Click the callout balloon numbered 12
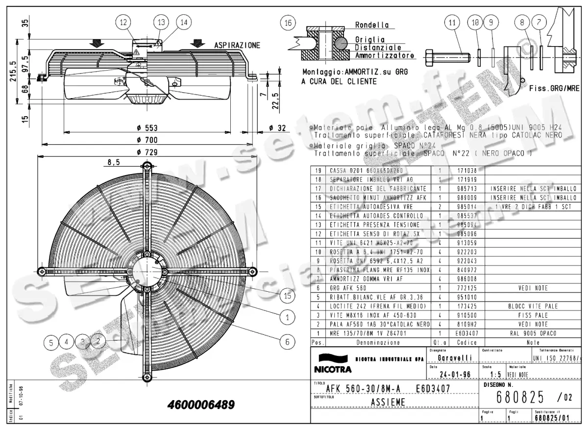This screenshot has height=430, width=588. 123,22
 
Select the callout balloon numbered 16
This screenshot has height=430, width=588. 289,23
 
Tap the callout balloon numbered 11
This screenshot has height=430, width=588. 452,23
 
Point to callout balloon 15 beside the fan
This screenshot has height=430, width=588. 287,295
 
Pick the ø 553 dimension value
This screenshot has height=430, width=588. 147,128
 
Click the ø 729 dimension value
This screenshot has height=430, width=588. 147,152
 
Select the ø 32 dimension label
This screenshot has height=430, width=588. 277,128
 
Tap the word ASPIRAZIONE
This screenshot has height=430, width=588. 237,45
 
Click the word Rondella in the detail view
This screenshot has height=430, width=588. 372,25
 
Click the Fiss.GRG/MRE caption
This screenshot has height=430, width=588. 554,89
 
